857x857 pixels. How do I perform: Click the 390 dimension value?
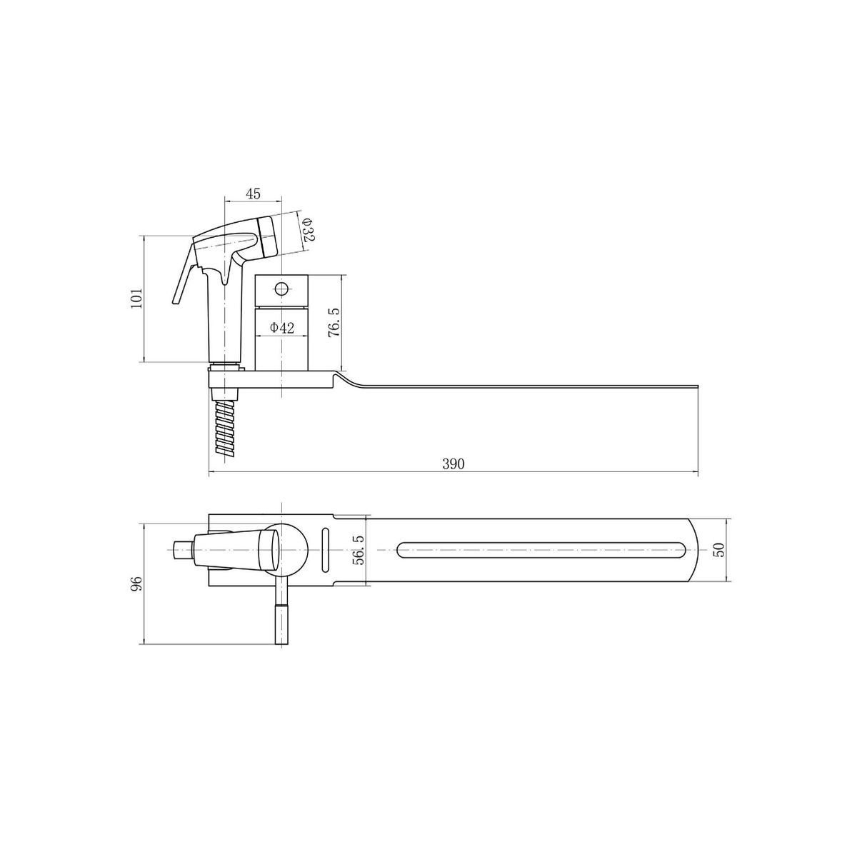tap(453, 464)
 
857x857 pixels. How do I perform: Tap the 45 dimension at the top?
tap(253, 194)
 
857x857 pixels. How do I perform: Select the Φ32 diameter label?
tap(307, 230)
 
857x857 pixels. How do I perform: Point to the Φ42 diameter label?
tap(282, 328)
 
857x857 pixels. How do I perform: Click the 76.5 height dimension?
tap(334, 322)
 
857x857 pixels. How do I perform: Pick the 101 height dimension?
tap(136, 298)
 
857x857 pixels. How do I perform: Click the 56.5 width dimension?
tap(358, 550)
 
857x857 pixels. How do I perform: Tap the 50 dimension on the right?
tap(720, 550)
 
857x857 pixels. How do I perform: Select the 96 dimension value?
tap(136, 582)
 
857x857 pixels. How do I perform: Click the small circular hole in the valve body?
tap(281, 289)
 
